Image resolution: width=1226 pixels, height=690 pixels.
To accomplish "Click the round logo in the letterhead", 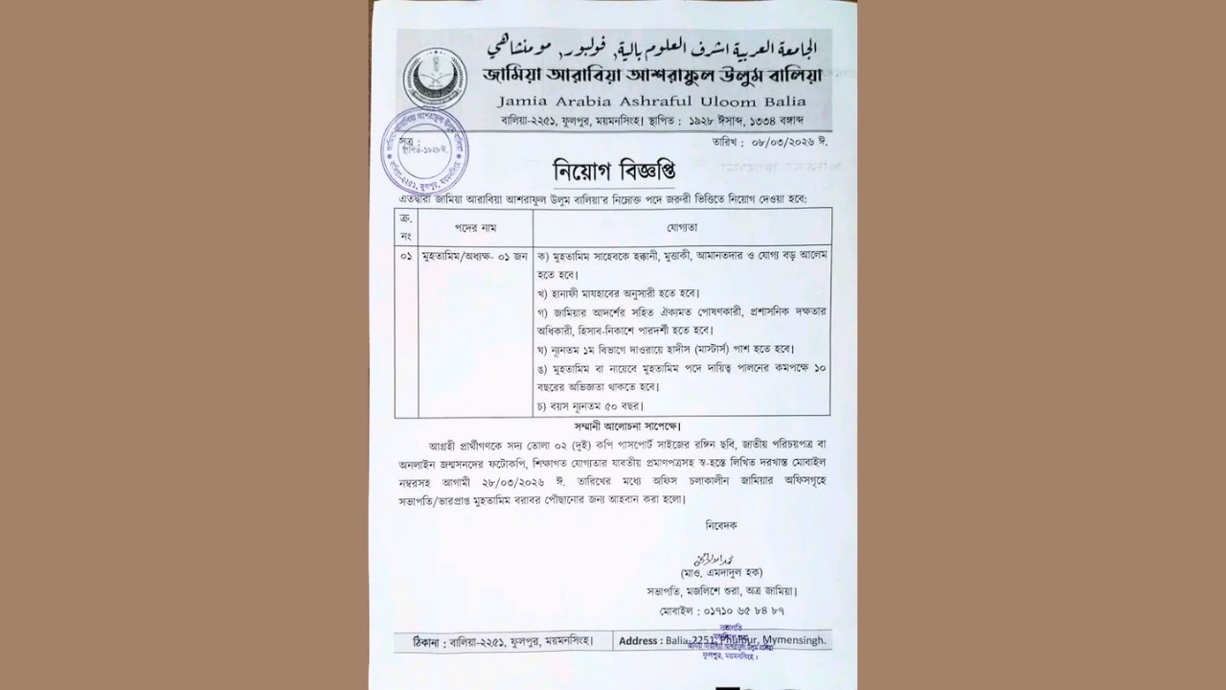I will click(436, 79).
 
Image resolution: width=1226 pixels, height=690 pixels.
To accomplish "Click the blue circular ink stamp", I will click(425, 149).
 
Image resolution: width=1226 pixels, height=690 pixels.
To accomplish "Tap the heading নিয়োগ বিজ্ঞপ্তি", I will click(614, 171).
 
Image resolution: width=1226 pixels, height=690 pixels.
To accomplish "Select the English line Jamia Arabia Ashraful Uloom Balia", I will click(651, 101).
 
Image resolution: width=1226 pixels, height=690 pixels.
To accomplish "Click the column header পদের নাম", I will click(475, 227).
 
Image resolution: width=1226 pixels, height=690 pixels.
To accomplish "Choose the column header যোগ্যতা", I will click(682, 227).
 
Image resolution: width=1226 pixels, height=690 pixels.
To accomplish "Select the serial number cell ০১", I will click(406, 256).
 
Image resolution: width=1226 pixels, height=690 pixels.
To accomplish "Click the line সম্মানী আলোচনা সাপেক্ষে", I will click(627, 425).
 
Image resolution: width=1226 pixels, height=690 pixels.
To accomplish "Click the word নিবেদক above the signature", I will click(721, 525).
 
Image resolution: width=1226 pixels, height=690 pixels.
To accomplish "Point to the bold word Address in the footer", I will click(639, 641).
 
